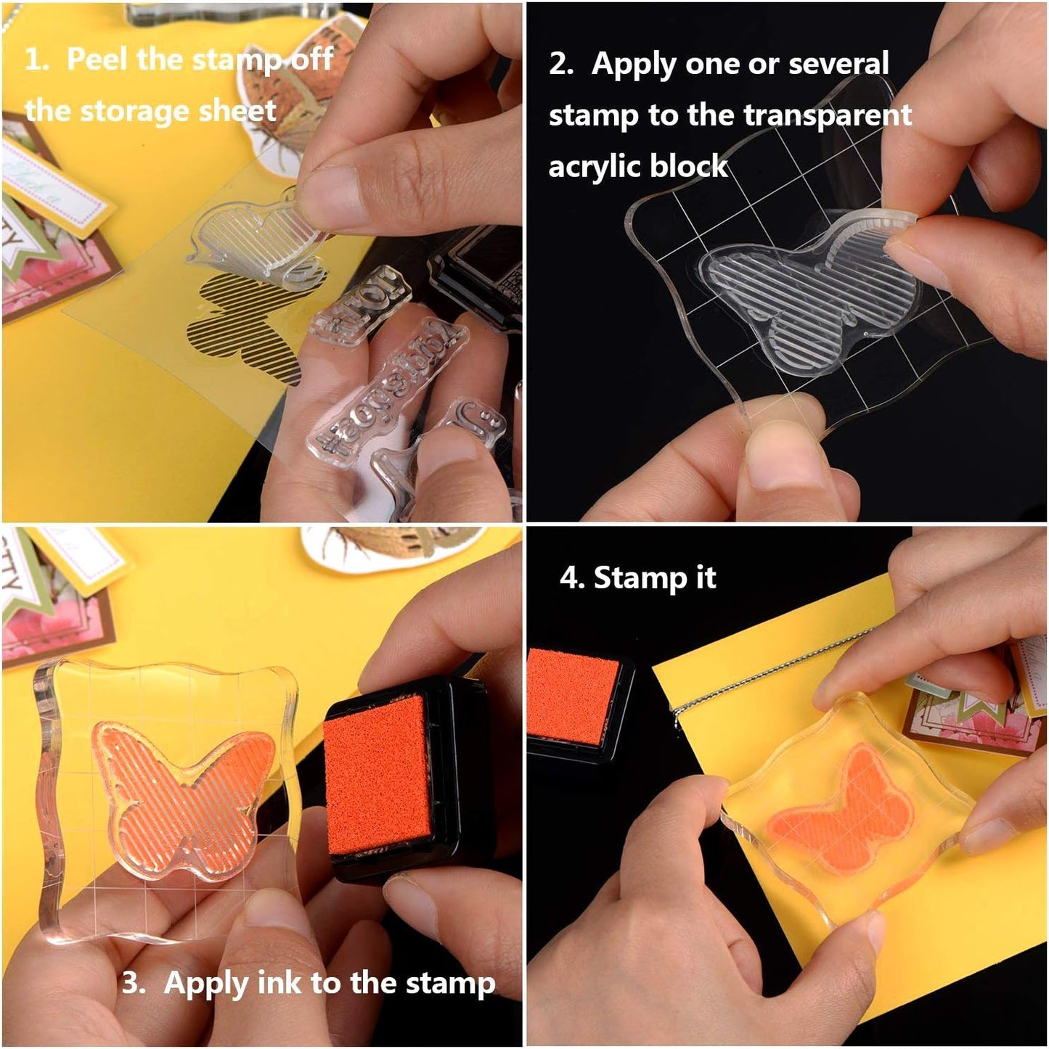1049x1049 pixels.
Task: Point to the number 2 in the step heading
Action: (560, 64)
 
